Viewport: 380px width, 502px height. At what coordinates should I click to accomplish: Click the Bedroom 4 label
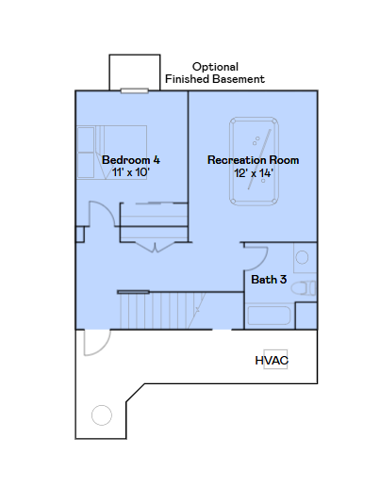pyautogui.click(x=131, y=160)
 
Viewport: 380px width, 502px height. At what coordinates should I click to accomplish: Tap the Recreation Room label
pyautogui.click(x=253, y=160)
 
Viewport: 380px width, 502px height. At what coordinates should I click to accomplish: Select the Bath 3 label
pyautogui.click(x=269, y=280)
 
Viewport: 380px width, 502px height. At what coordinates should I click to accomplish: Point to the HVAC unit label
pyautogui.click(x=272, y=361)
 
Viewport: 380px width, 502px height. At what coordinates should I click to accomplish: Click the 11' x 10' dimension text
pyautogui.click(x=131, y=172)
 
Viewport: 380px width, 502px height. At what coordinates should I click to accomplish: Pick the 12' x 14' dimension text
pyautogui.click(x=253, y=173)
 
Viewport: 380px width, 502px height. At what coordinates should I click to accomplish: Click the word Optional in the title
pyautogui.click(x=215, y=67)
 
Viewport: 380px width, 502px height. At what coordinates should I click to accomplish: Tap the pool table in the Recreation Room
pyautogui.click(x=254, y=161)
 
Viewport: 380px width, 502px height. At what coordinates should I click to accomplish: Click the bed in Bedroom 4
pyautogui.click(x=112, y=152)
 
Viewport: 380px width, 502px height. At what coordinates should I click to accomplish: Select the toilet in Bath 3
pyautogui.click(x=304, y=288)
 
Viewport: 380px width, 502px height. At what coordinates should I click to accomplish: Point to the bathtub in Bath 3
pyautogui.click(x=269, y=316)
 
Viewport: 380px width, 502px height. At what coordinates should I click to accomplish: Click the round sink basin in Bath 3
pyautogui.click(x=302, y=257)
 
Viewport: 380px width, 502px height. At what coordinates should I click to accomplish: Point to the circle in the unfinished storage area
pyautogui.click(x=102, y=415)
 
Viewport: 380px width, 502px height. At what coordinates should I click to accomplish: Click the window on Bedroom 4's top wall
pyautogui.click(x=135, y=91)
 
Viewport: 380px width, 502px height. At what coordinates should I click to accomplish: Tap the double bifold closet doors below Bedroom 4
pyautogui.click(x=155, y=247)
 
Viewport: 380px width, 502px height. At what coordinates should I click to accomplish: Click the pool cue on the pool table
pyautogui.click(x=259, y=159)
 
